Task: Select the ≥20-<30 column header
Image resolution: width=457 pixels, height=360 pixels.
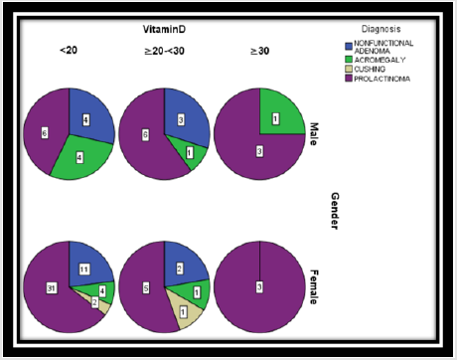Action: (x=163, y=50)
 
